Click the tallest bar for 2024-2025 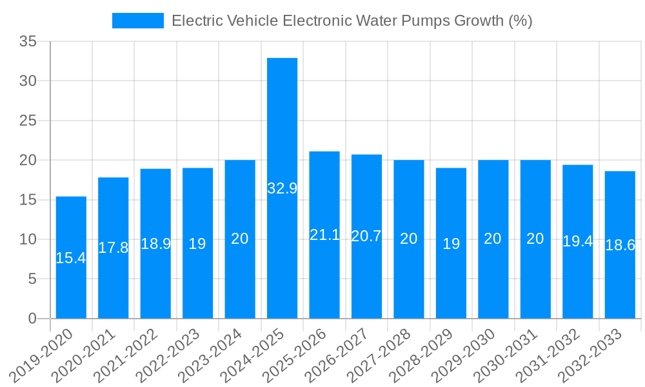[282, 129]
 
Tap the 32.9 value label [282, 189]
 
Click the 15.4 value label [71, 259]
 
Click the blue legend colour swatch [138, 21]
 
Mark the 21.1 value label [324, 235]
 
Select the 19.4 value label [577, 242]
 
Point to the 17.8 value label [114, 248]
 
